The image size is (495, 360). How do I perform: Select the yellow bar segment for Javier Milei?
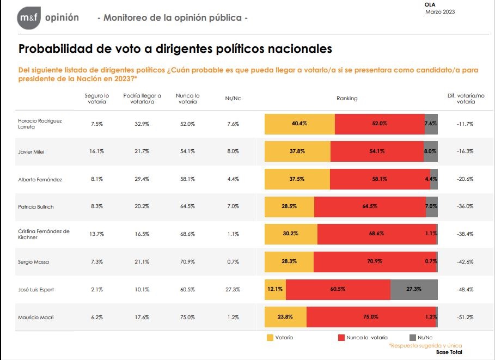click(297, 151)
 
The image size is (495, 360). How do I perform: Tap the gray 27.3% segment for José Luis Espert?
click(414, 289)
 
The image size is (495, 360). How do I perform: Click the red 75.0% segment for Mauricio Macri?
click(371, 316)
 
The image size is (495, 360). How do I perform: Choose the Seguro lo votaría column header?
click(97, 99)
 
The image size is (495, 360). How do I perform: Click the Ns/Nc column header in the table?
click(233, 99)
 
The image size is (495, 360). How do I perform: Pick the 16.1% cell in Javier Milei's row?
click(97, 151)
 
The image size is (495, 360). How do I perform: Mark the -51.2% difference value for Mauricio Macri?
click(465, 316)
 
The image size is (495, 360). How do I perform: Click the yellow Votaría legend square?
click(270, 338)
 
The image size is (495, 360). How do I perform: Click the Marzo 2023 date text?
click(439, 11)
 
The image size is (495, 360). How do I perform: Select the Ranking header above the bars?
click(347, 99)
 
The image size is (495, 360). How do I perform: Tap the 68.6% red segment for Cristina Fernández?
click(376, 234)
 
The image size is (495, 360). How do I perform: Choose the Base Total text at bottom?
click(449, 352)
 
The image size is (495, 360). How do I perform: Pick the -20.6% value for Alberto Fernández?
click(465, 179)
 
